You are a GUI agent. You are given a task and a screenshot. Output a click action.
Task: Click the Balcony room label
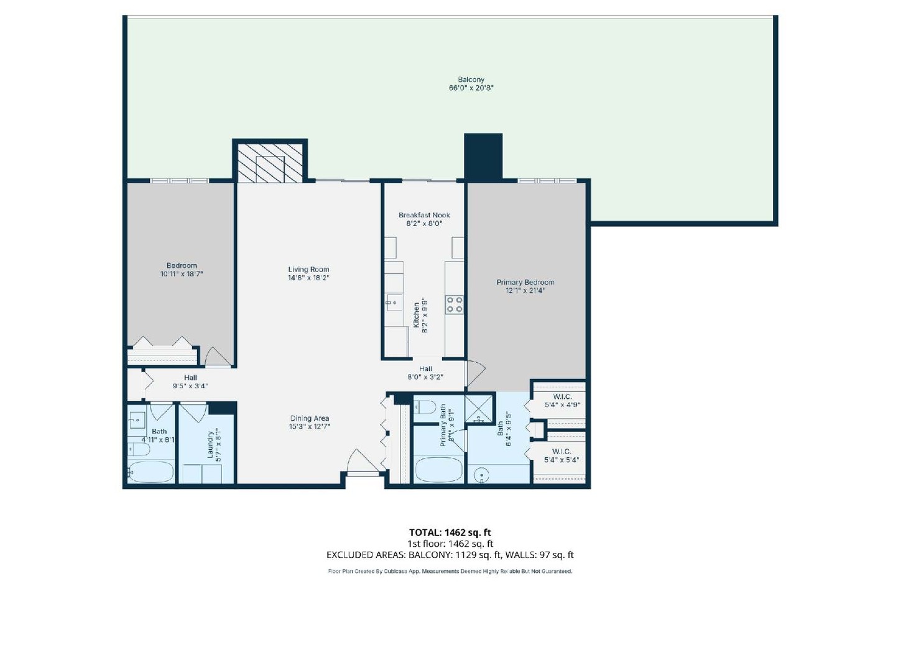click(471, 80)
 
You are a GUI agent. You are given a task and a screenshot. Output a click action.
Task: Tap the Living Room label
click(308, 270)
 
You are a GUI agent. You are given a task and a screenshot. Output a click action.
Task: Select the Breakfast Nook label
click(424, 215)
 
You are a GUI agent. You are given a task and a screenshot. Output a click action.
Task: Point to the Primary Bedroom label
click(525, 282)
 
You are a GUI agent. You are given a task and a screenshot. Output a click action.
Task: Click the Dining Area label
click(309, 418)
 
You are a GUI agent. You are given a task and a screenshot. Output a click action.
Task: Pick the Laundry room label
click(210, 445)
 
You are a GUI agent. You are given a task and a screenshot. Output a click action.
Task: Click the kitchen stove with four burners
click(454, 304)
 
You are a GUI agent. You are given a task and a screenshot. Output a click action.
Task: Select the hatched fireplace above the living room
click(271, 163)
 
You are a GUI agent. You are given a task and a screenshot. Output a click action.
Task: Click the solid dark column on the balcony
click(483, 157)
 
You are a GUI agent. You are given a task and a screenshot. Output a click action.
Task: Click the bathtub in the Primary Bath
click(438, 470)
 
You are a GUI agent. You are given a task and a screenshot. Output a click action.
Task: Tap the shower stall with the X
click(479, 408)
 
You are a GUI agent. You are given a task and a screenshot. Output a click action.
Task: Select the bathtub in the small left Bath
click(150, 472)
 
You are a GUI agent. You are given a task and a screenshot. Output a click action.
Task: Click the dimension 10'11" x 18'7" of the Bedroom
click(182, 274)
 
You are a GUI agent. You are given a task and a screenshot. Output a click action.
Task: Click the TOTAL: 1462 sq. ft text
click(450, 532)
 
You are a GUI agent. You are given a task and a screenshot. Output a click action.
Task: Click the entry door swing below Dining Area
click(361, 462)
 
